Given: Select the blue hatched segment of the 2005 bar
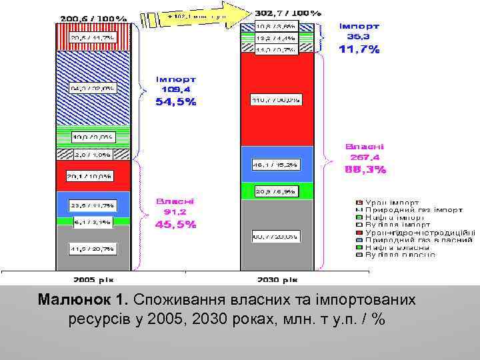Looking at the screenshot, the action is (93, 87).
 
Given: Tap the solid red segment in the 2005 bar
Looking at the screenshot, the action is (93, 176).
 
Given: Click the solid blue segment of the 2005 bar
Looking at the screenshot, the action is (93, 205).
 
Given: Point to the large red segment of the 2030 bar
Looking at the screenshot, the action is (277, 100).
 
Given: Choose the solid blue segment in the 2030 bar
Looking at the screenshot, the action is (277, 163).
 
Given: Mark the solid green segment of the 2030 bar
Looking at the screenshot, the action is (277, 191).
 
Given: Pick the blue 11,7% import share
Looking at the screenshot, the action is (359, 49).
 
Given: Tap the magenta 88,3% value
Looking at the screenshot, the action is (365, 169).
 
